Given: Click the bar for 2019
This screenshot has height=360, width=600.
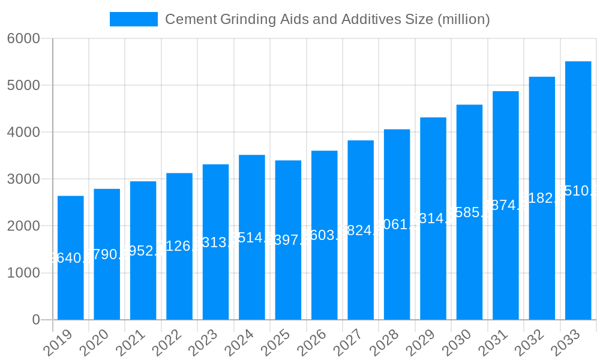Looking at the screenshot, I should pyautogui.click(x=71, y=258).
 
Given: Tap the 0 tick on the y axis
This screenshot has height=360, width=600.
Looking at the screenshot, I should pyautogui.click(x=36, y=320).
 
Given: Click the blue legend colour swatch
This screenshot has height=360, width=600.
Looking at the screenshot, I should pyautogui.click(x=133, y=19).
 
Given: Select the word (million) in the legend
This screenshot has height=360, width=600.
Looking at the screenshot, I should pyautogui.click(x=464, y=19).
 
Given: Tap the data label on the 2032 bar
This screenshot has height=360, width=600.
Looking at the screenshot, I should pyautogui.click(x=542, y=198).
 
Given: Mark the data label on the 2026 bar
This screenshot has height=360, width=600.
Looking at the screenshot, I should pyautogui.click(x=325, y=235).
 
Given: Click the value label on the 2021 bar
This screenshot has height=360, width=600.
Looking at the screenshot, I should pyautogui.click(x=143, y=251).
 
